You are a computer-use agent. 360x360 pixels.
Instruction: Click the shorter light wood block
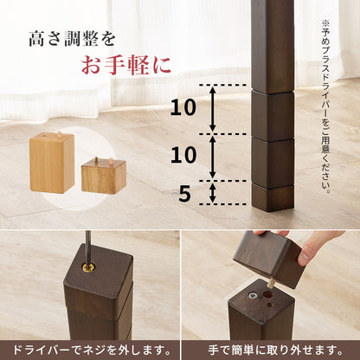103,176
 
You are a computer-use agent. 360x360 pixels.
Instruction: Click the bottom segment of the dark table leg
273,196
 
